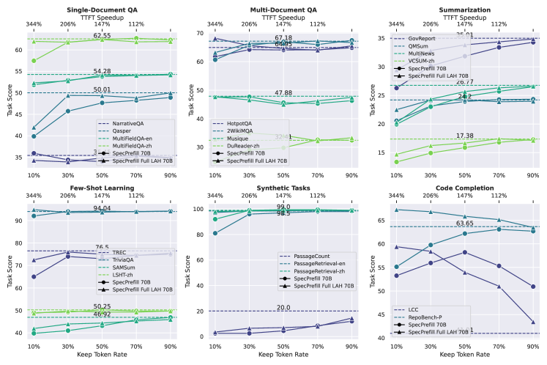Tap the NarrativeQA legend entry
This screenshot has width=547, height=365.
tap(130, 124)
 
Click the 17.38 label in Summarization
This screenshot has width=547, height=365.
tap(464, 136)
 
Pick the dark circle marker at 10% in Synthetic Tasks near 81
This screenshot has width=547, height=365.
tap(215, 234)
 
